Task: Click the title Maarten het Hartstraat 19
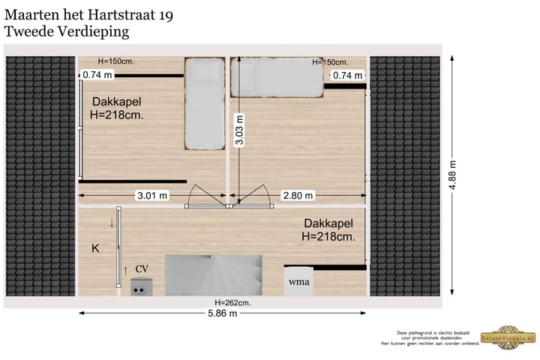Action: pyautogui.click(x=88, y=14)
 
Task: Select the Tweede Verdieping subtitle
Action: pyautogui.click(x=67, y=31)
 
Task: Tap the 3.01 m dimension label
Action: pyautogui.click(x=151, y=196)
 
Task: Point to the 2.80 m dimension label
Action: pyautogui.click(x=298, y=196)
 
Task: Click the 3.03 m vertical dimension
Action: pyautogui.click(x=238, y=131)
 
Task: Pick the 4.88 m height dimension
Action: pyautogui.click(x=453, y=175)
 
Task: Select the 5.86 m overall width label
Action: pyautogui.click(x=222, y=313)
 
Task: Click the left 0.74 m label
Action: pyautogui.click(x=97, y=75)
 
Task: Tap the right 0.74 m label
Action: pyautogui.click(x=347, y=75)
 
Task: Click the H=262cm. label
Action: pyautogui.click(x=232, y=302)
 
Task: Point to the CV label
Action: pyautogui.click(x=142, y=268)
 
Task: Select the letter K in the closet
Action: pyautogui.click(x=95, y=248)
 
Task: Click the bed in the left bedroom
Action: pyautogui.click(x=205, y=104)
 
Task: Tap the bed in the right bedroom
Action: pyautogui.click(x=277, y=78)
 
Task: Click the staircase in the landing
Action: pyautogui.click(x=214, y=275)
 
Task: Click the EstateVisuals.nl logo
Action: pyautogui.click(x=510, y=338)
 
